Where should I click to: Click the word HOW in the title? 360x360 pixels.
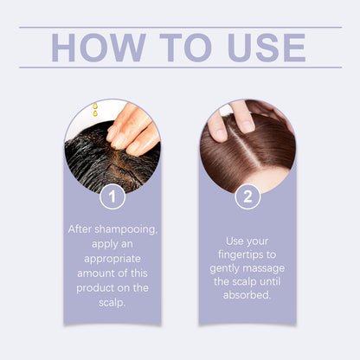point(99,48)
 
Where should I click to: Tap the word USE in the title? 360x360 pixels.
point(267,48)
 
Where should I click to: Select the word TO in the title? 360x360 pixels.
point(186,48)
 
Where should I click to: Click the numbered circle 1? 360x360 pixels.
point(112,196)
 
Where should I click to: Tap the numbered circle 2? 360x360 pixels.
point(247,196)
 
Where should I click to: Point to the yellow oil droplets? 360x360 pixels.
point(95,110)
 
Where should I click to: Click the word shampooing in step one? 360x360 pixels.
point(126,230)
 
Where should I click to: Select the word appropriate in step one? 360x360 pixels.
point(112,259)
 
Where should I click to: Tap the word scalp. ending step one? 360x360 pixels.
point(112,303)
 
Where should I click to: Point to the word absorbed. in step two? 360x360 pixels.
point(247,295)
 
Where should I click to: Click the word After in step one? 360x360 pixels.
point(80,229)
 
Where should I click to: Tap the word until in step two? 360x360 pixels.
point(270,281)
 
